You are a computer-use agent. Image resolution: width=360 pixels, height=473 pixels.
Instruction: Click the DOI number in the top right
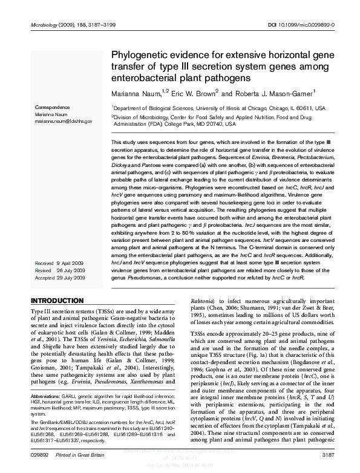pos(311,25)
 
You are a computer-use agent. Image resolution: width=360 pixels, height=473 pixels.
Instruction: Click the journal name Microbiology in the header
pos(44,25)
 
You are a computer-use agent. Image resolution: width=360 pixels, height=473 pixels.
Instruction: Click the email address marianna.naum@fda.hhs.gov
pos(63,121)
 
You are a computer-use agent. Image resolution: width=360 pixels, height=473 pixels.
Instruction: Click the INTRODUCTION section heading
pos(57,301)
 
